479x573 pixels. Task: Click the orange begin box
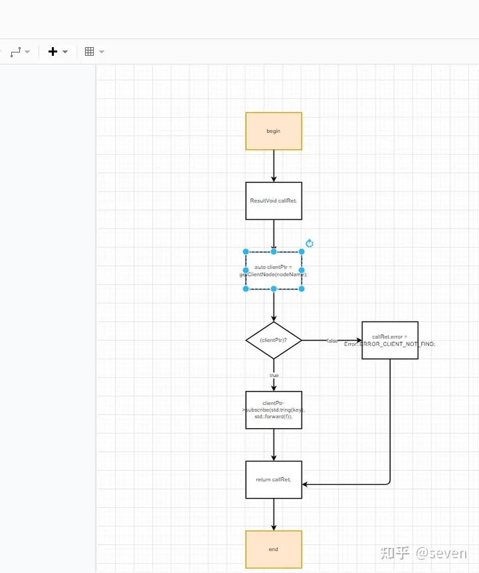pyautogui.click(x=273, y=131)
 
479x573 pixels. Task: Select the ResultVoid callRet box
pyautogui.click(x=273, y=201)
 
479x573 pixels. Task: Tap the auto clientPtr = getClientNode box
pyautogui.click(x=273, y=271)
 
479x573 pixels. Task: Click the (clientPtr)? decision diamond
pyautogui.click(x=273, y=340)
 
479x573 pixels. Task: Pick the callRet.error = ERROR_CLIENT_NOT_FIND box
pyautogui.click(x=390, y=340)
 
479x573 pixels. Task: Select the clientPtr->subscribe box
pyautogui.click(x=273, y=410)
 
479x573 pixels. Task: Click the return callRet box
pyautogui.click(x=273, y=480)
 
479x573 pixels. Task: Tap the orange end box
pyautogui.click(x=273, y=549)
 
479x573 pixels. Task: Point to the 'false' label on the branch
pyautogui.click(x=332, y=341)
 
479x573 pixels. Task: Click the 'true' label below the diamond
pyautogui.click(x=274, y=376)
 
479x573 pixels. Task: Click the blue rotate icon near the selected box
pyautogui.click(x=309, y=244)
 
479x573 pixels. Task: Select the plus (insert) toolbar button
pyautogui.click(x=53, y=52)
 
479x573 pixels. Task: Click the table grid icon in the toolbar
pyautogui.click(x=90, y=52)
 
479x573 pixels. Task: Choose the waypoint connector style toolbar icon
pyautogui.click(x=17, y=52)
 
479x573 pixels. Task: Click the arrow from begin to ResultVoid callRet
pyautogui.click(x=273, y=166)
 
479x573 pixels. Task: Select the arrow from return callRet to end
pyautogui.click(x=273, y=515)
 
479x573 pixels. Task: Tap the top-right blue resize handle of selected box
pyautogui.click(x=301, y=252)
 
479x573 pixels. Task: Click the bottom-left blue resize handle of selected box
pyautogui.click(x=245, y=289)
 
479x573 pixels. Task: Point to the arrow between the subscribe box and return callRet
pyautogui.click(x=273, y=445)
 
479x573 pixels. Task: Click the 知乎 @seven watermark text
pyautogui.click(x=423, y=553)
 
